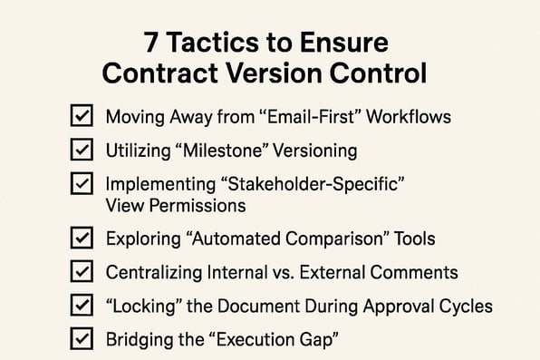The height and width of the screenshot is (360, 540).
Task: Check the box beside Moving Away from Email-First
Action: (x=81, y=116)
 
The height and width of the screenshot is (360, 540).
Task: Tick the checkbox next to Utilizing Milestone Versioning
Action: (x=81, y=149)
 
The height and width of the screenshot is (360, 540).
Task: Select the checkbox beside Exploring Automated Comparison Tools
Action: (x=81, y=238)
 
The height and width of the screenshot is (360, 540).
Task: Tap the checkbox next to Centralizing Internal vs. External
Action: (x=81, y=272)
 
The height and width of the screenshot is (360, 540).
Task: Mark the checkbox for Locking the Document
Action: (x=81, y=305)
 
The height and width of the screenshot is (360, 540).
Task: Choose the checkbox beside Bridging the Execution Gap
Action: (x=81, y=338)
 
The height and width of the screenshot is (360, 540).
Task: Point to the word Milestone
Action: (x=236, y=150)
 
